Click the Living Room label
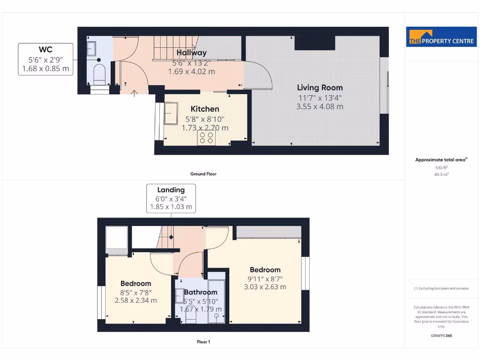(320, 88)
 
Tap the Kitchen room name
(205, 109)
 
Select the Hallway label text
(191, 53)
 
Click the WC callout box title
(45, 50)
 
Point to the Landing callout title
(171, 190)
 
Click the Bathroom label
(200, 292)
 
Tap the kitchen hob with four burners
(206, 137)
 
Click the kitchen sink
(170, 112)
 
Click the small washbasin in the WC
(92, 48)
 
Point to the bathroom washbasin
(180, 296)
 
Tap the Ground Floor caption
(203, 174)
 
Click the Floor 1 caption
(203, 342)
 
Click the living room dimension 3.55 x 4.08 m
(320, 106)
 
